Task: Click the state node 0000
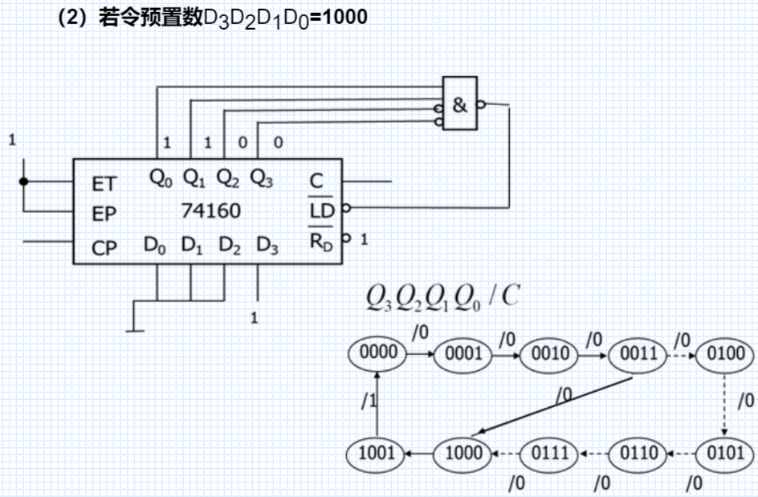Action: (378, 352)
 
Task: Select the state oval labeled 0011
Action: (638, 353)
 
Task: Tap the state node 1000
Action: (464, 454)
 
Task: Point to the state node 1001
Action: (378, 454)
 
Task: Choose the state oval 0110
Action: (638, 454)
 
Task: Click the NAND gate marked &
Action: (460, 104)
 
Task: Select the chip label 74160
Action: (211, 211)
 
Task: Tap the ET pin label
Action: (104, 184)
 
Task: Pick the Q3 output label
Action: (261, 177)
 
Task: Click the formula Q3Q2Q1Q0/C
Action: (442, 299)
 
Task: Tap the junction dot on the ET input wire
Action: (24, 181)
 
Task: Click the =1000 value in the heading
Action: (338, 17)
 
